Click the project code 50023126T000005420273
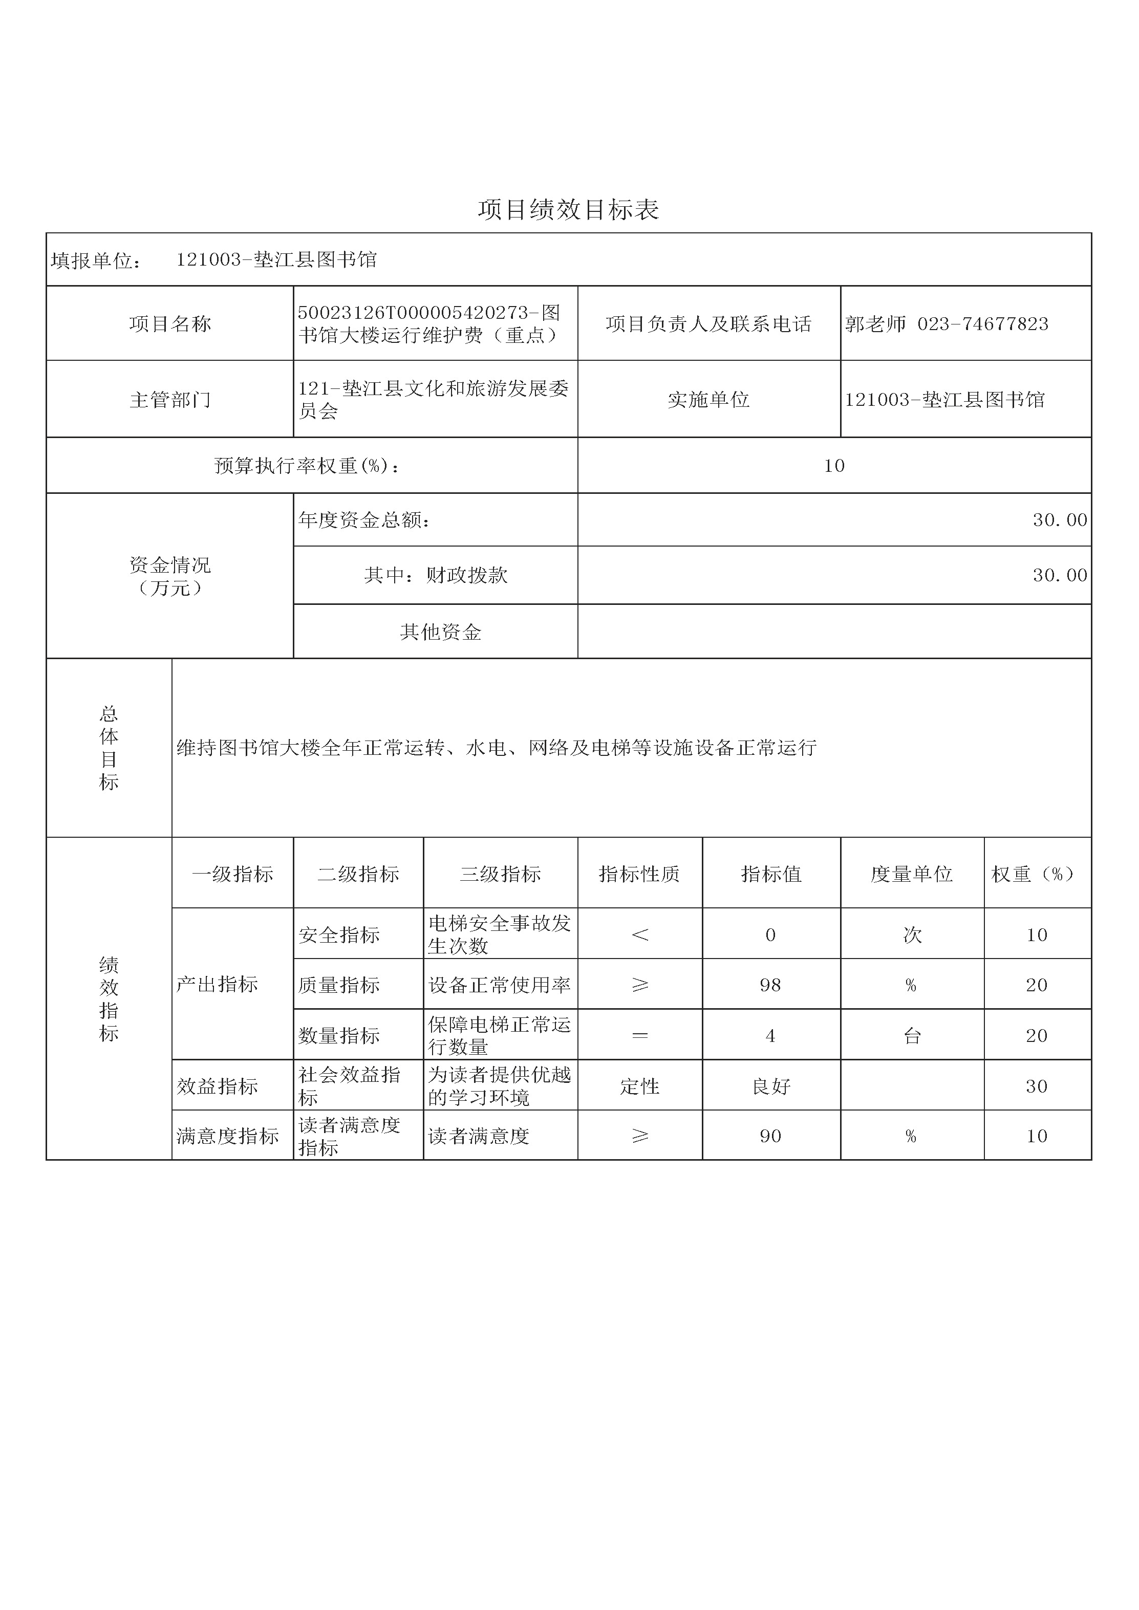pos(413,313)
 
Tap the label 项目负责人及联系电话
pos(708,324)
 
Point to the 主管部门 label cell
pos(170,400)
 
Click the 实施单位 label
pos(708,400)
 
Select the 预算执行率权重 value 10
pos(834,466)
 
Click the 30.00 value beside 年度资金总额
pos(1059,519)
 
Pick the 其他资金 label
pos(440,632)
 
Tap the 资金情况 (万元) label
pos(170,576)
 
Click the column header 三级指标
pos(500,874)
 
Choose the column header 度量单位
pos(911,874)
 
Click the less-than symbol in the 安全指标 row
pos(640,934)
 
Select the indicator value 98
pos(770,985)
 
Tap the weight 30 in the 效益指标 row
pos(1037,1086)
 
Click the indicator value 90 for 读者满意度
pos(770,1136)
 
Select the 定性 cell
pos(640,1086)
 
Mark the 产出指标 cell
pos(218,985)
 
